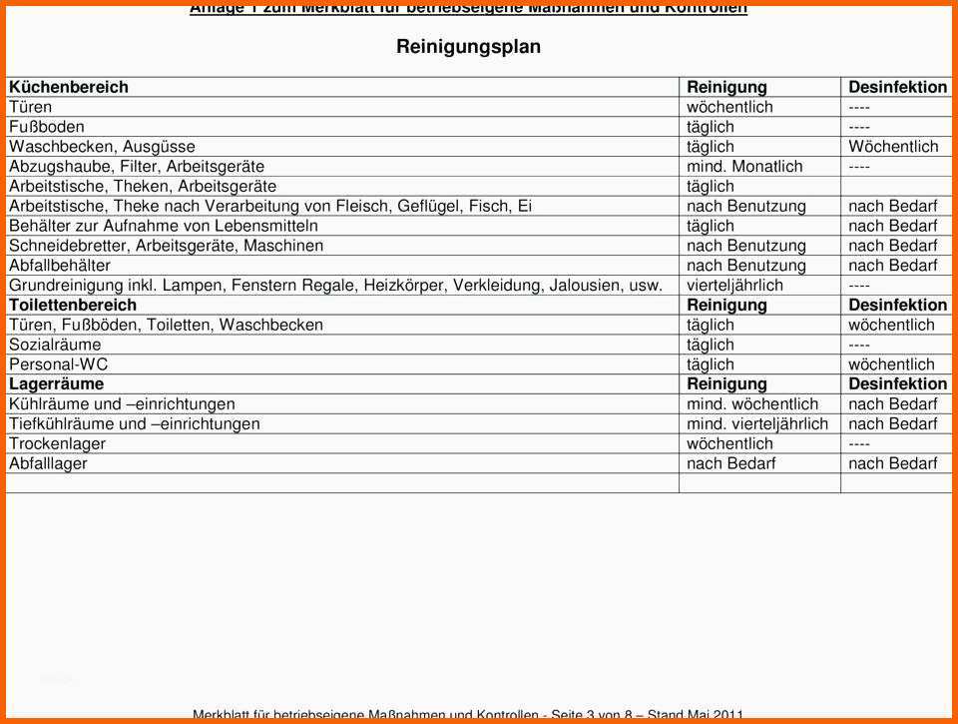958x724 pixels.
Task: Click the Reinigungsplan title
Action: [468, 47]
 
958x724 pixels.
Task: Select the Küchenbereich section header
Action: [69, 87]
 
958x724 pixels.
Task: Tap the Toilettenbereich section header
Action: [73, 305]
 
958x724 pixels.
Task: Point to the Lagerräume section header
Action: [56, 383]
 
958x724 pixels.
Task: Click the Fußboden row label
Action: [47, 127]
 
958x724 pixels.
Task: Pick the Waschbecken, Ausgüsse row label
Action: [102, 147]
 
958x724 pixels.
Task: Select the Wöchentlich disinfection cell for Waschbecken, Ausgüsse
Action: [893, 147]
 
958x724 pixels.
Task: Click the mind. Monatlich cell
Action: [743, 167]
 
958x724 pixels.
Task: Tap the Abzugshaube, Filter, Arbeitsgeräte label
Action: [137, 167]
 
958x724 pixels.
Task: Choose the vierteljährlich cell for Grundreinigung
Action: [734, 286]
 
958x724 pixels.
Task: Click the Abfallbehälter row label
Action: [60, 266]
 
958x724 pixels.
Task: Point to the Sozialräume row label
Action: [55, 345]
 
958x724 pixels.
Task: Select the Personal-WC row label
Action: [58, 364]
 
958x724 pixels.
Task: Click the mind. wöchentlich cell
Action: [751, 404]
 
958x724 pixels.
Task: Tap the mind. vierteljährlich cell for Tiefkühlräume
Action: [756, 423]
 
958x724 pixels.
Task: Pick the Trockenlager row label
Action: [57, 443]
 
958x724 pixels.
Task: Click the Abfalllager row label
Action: [48, 463]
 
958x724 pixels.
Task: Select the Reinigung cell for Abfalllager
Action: [730, 463]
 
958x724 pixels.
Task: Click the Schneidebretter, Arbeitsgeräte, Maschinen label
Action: [166, 246]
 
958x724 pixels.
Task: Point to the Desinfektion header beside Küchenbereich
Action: [897, 87]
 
